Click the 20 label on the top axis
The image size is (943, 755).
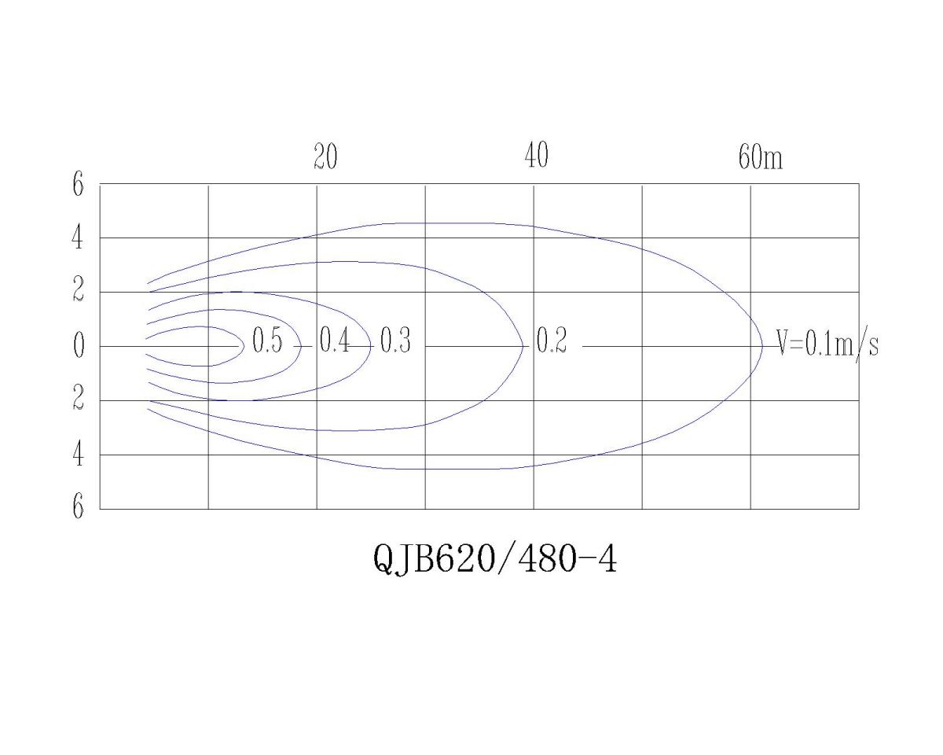click(325, 157)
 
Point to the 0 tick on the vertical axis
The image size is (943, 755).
click(78, 347)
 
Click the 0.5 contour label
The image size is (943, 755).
click(267, 343)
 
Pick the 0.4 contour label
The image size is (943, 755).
click(335, 343)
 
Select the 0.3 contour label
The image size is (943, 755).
click(395, 343)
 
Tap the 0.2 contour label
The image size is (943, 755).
click(551, 343)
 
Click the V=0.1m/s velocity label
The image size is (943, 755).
click(827, 344)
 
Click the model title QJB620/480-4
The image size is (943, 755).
click(495, 559)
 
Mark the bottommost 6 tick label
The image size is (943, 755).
click(78, 507)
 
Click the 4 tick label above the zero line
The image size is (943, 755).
click(78, 238)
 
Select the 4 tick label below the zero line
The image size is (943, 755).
click(78, 455)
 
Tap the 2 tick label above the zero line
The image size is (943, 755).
click(78, 293)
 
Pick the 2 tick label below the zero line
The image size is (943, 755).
click(78, 400)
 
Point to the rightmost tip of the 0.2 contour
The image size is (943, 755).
click(524, 346)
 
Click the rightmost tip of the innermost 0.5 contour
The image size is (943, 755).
click(243, 346)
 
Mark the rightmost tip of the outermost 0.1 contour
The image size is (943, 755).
click(762, 346)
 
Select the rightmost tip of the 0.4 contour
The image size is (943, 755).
click(301, 346)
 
